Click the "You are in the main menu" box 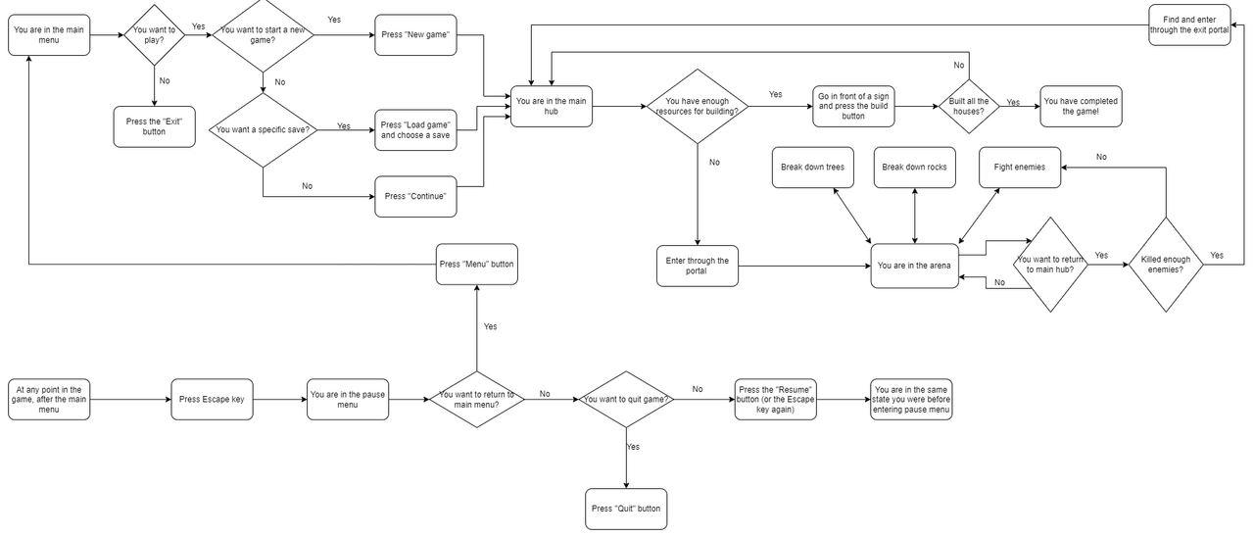[x=49, y=35]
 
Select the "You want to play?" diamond [x=154, y=35]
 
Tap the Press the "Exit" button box [x=155, y=126]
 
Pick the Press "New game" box [x=416, y=35]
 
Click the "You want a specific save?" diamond [x=264, y=129]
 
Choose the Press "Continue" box [x=416, y=196]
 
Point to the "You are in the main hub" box [x=552, y=106]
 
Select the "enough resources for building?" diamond [x=697, y=106]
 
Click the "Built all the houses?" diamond [x=969, y=106]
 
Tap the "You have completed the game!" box [x=1081, y=106]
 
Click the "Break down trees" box [x=812, y=167]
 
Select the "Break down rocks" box [x=914, y=167]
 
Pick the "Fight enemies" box [x=1019, y=167]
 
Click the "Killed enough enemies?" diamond [x=1165, y=265]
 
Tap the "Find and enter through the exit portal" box [x=1189, y=24]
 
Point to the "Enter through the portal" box [x=697, y=267]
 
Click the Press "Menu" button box [x=476, y=265]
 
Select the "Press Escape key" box [x=212, y=400]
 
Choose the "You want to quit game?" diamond [x=625, y=400]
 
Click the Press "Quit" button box [x=625, y=510]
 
